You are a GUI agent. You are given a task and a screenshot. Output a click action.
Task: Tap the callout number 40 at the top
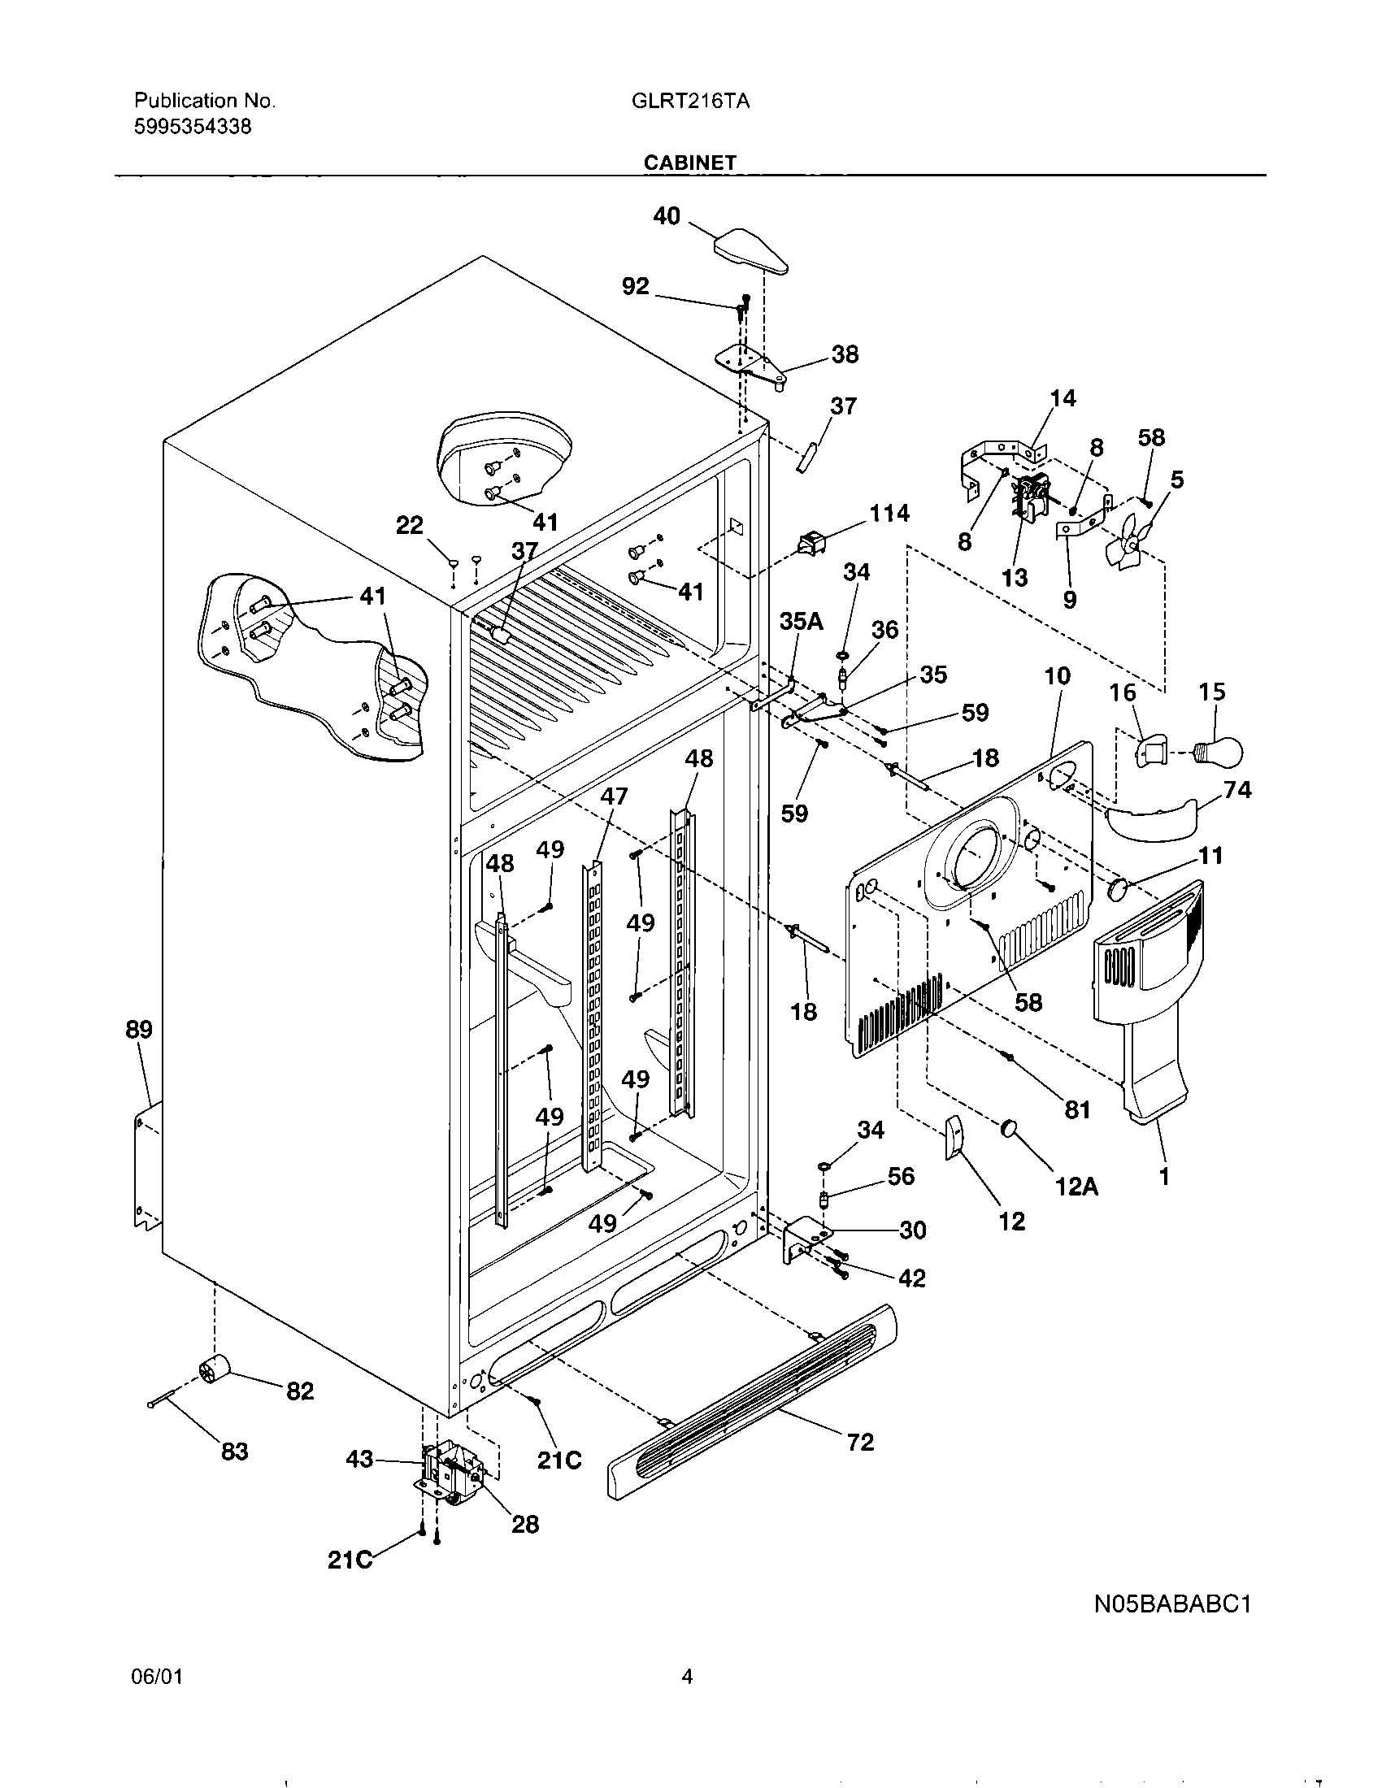pos(667,216)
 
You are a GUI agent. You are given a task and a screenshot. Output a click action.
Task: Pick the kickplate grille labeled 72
pos(751,1403)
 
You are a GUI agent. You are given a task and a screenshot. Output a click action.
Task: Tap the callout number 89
pos(139,1030)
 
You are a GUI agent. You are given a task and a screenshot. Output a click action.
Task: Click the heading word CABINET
pos(689,163)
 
